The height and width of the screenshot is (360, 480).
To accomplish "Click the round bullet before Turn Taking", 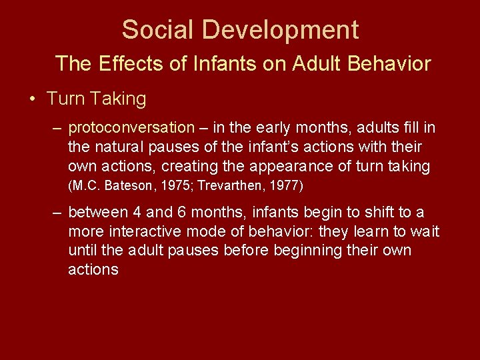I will point(32,99).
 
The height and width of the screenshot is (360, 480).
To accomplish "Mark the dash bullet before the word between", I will point(58,213).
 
